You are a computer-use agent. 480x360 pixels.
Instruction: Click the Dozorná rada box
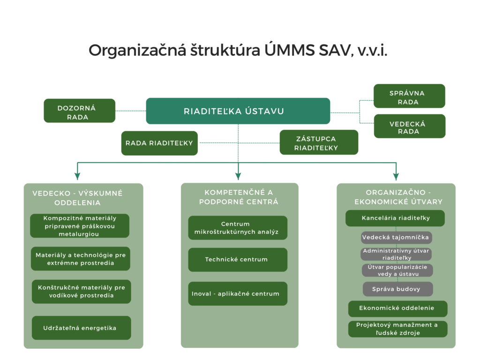point(80,111)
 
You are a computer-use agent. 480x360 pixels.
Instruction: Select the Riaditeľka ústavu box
point(238,111)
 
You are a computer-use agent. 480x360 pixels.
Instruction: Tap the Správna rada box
point(409,96)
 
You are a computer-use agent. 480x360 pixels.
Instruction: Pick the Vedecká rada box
point(410,126)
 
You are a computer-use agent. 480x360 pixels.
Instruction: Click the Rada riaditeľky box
point(159,143)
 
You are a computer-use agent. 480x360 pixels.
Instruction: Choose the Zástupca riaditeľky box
point(319,142)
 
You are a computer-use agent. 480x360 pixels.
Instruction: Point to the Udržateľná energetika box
point(82,328)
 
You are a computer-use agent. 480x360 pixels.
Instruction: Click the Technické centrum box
point(238,260)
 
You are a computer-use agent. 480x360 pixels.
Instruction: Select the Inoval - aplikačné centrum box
point(238,293)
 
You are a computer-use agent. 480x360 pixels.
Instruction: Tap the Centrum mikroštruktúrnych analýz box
point(238,228)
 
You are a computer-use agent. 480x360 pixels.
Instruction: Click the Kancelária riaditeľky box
point(395,218)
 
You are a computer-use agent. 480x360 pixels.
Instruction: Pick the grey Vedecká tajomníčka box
point(397,237)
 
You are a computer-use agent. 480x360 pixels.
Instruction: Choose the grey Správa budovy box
point(397,289)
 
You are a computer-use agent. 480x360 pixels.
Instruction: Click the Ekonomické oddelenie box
point(397,308)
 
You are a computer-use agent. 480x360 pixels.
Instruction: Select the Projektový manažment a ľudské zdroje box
point(397,329)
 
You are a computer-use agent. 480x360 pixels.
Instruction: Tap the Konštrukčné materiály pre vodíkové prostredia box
point(82,292)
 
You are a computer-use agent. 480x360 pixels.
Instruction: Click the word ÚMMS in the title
point(290,50)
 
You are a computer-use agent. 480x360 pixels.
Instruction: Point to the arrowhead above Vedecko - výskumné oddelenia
point(77,176)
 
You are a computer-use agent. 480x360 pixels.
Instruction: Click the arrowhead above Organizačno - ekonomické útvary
point(396,177)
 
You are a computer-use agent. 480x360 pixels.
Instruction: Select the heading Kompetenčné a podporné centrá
point(239,197)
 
